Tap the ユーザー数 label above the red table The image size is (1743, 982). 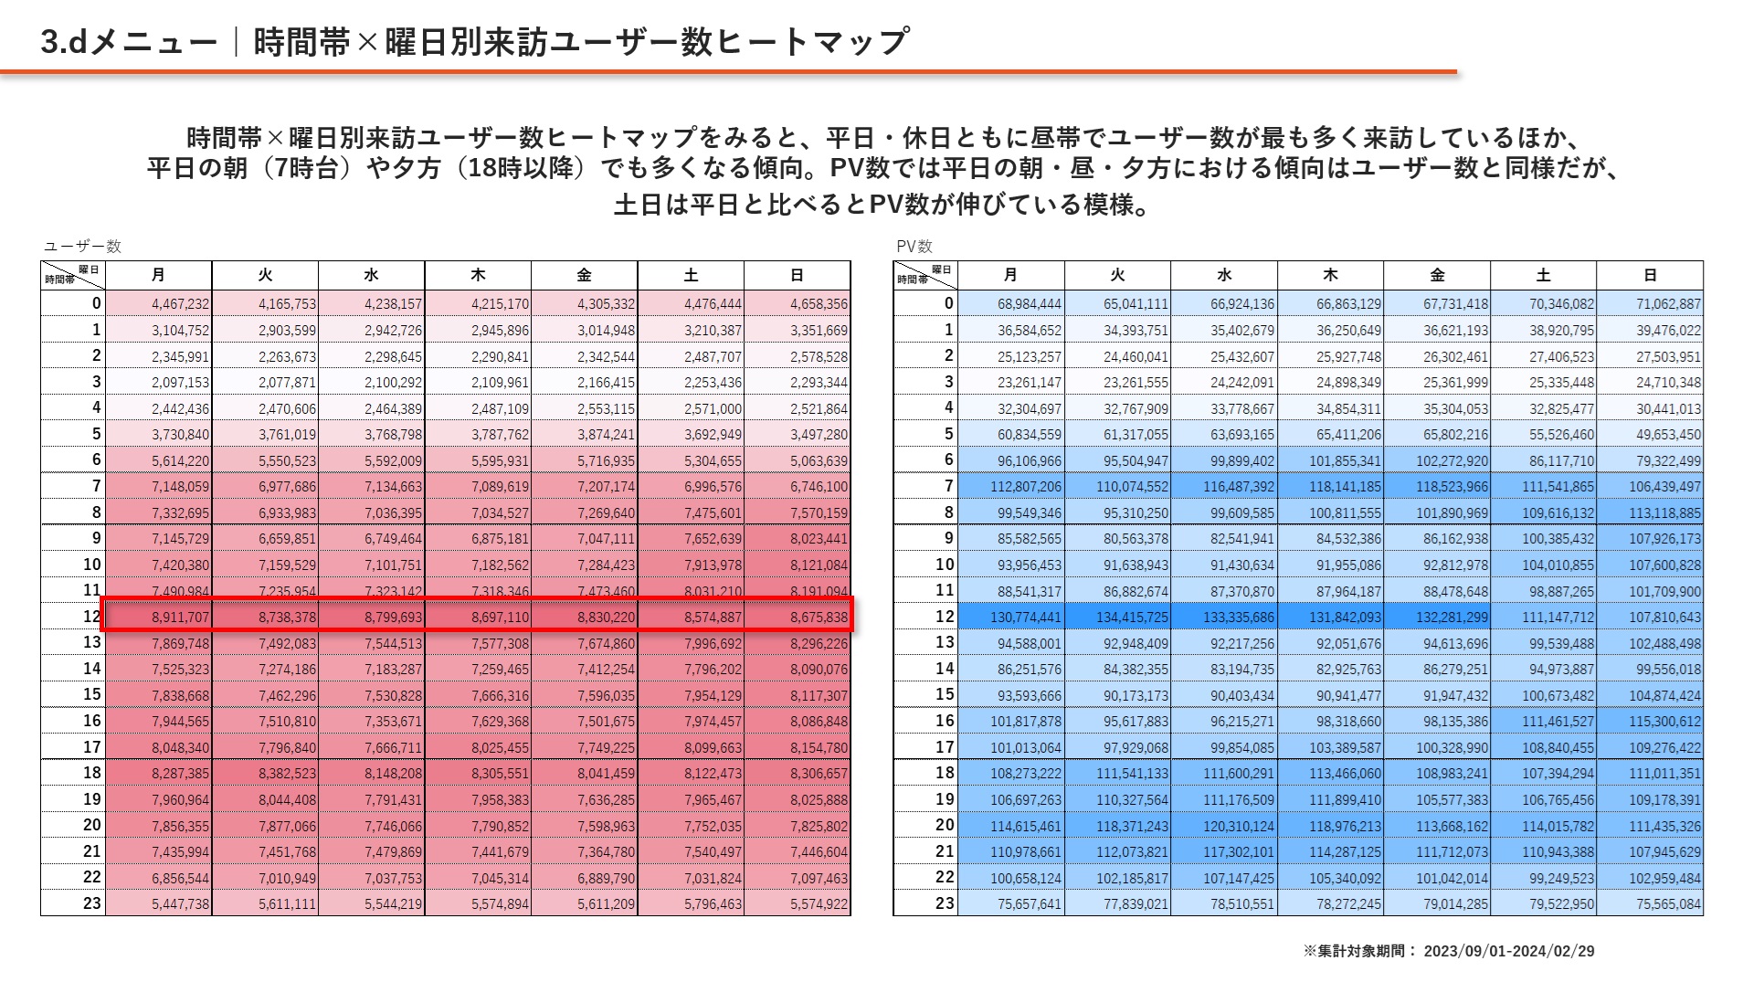point(82,247)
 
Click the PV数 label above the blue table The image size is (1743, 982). point(914,247)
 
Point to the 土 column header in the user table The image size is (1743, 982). point(691,275)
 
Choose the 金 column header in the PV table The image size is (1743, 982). point(1437,275)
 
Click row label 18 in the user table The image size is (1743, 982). point(92,773)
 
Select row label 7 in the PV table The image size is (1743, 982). point(948,487)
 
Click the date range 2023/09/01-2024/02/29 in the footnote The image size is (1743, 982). point(1508,951)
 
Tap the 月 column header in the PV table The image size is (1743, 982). point(1010,275)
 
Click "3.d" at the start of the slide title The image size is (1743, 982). point(63,42)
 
